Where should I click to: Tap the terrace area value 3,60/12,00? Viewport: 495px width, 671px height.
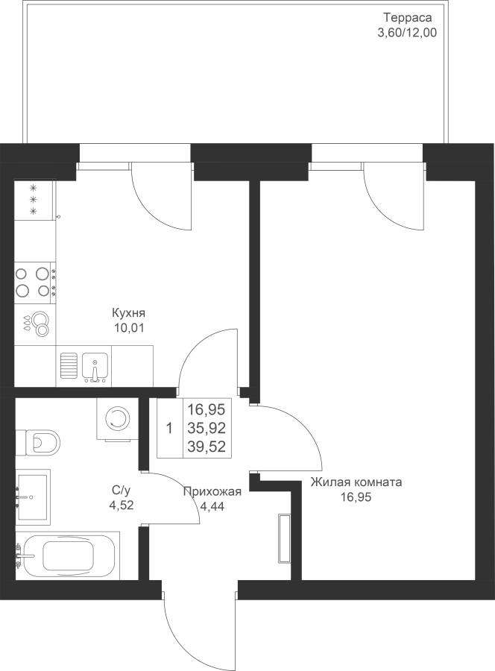coord(407,33)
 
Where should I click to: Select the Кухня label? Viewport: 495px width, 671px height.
coord(128,313)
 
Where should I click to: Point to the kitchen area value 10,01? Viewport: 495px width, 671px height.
coord(128,328)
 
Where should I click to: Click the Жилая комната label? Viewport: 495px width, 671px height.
coord(356,482)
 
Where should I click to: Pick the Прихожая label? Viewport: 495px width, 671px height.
coord(212,492)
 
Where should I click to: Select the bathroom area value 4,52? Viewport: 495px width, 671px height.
coord(122,505)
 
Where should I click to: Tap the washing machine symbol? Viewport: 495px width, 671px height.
coord(118,419)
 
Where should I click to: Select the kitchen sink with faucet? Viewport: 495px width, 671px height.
coord(95,367)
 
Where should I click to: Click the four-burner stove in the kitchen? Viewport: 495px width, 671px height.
coord(35,282)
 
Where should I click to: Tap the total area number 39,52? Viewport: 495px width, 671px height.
coord(206,447)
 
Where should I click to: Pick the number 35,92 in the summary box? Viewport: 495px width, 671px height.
coord(206,428)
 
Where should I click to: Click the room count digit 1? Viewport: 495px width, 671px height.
coord(169,429)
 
